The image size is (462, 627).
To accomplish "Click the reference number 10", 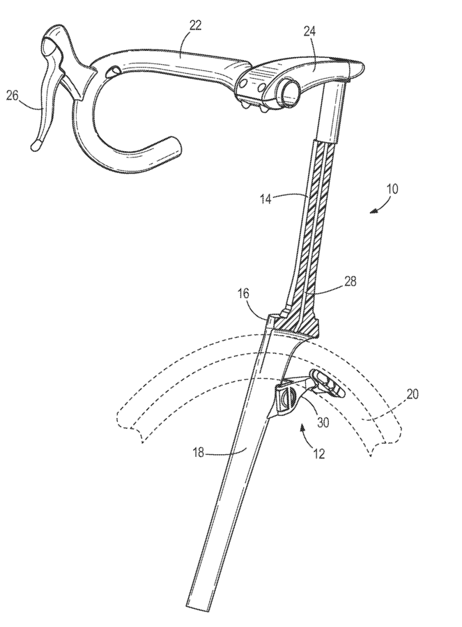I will click(392, 188).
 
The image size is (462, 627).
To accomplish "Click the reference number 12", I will click(317, 454).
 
